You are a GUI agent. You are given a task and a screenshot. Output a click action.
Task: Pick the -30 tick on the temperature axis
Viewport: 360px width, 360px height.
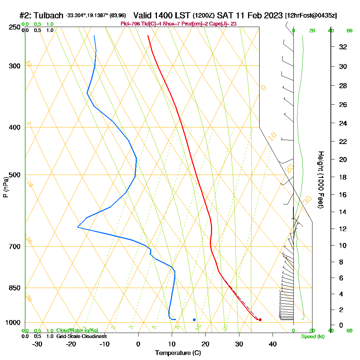37,344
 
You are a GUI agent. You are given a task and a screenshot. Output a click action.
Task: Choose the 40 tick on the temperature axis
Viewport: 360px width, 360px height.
273,344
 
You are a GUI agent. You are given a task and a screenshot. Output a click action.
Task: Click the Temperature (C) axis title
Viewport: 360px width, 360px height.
178,353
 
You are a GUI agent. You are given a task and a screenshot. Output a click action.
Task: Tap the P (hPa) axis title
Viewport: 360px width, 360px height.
5,187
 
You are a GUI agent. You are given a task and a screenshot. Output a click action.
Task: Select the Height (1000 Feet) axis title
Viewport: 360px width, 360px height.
320,179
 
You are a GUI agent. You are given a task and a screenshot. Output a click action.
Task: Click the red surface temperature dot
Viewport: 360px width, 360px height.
260,320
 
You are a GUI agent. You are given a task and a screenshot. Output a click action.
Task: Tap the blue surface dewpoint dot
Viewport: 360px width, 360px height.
194,320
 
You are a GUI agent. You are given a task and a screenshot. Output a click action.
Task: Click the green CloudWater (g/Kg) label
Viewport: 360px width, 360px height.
77,330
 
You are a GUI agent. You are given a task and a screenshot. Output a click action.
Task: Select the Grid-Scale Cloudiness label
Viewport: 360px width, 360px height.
81,336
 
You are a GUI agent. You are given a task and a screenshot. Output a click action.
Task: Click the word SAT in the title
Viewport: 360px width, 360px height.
225,15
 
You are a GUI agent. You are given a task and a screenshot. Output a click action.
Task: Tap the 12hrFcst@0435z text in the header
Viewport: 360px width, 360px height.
311,16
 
